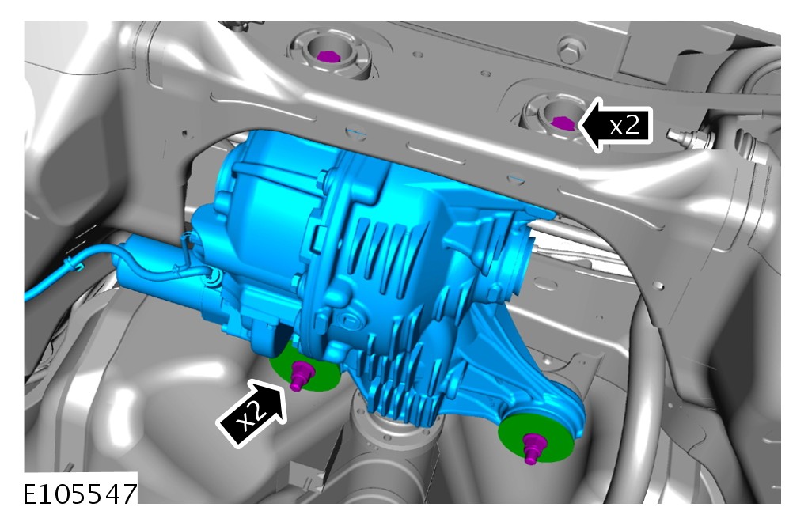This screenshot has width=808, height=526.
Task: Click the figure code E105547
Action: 80,494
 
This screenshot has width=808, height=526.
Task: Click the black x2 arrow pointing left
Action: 616,125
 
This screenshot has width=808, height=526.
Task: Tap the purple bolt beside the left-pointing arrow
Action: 562,123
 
